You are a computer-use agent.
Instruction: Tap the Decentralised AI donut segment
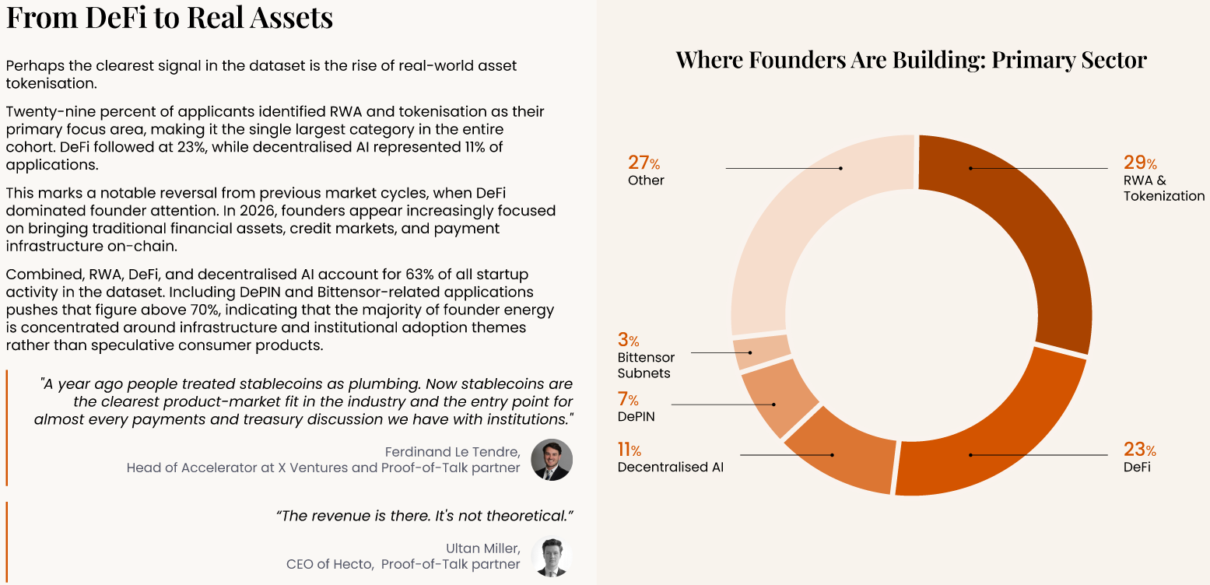[x=843, y=453]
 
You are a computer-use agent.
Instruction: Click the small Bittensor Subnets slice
[x=760, y=352]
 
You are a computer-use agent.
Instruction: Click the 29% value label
[x=1140, y=163]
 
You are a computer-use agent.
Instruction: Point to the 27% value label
[x=644, y=163]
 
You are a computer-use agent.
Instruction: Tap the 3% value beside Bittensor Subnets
[x=628, y=340]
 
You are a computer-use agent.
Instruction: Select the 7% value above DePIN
[x=628, y=399]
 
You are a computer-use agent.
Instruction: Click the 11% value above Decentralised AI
[x=630, y=450]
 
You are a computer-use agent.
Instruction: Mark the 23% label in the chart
[x=1140, y=450]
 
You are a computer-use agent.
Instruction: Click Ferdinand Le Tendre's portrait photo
[x=552, y=460]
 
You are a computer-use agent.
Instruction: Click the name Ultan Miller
[x=483, y=548]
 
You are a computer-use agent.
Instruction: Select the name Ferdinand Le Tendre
[x=453, y=451]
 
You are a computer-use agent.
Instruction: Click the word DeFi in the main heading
[x=116, y=17]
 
